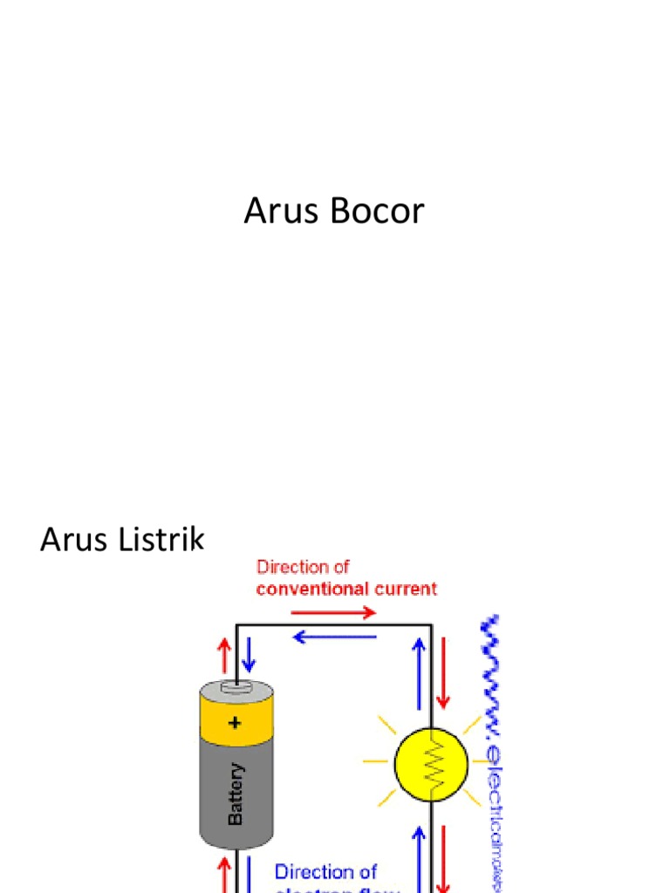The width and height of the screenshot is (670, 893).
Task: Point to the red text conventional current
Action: click(x=346, y=589)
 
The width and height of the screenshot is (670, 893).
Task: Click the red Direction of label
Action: click(x=303, y=567)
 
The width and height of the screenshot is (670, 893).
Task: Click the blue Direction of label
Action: click(x=325, y=871)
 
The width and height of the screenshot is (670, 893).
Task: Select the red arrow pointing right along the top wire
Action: click(x=340, y=613)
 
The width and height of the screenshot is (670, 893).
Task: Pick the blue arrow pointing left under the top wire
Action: click(x=335, y=637)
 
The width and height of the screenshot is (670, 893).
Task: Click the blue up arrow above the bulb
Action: click(x=420, y=671)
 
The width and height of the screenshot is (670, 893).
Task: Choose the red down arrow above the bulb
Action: click(x=443, y=671)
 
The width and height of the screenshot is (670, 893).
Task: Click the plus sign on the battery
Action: click(x=235, y=722)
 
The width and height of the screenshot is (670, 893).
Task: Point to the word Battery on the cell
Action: click(x=236, y=794)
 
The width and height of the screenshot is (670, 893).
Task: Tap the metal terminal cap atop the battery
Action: click(x=236, y=688)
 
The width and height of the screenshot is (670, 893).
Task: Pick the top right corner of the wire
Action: click(x=432, y=624)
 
